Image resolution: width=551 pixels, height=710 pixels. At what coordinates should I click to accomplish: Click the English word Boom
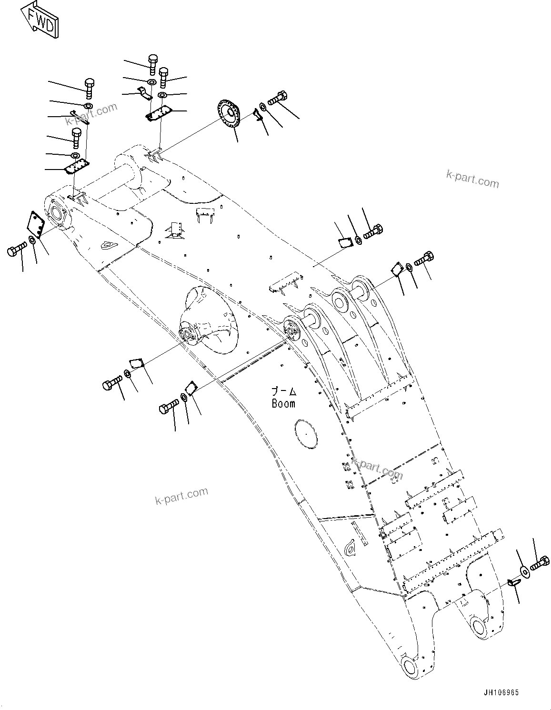tap(283, 403)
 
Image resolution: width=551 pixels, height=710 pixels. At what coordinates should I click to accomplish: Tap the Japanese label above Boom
tap(284, 392)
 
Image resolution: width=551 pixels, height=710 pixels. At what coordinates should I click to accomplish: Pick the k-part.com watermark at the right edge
tap(472, 179)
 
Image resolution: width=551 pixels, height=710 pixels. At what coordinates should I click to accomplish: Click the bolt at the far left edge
tap(17, 249)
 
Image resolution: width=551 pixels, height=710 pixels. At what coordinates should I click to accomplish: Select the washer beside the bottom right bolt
tap(524, 571)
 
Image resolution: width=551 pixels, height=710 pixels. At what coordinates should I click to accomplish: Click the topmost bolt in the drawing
tap(152, 63)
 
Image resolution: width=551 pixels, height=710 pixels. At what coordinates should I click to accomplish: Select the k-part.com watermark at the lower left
tap(181, 495)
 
